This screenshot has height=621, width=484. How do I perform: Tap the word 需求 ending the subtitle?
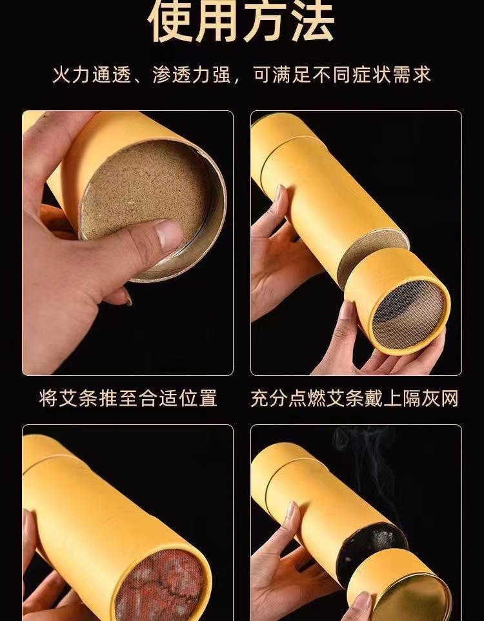pos(412,75)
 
